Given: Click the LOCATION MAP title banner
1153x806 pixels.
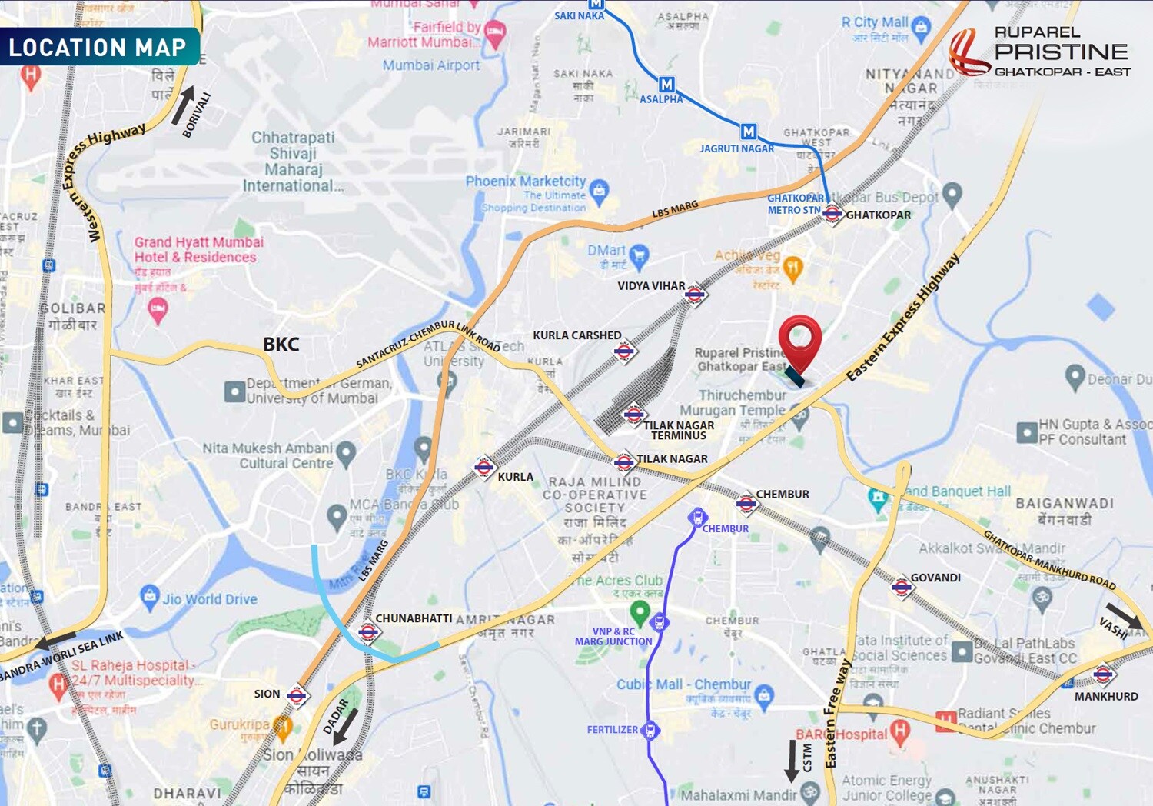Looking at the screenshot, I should [x=98, y=47].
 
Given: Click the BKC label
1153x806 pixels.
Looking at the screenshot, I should [x=281, y=345].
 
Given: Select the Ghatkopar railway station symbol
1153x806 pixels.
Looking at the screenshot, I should [x=832, y=215].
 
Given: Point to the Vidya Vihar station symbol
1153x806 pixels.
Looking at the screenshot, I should [x=695, y=294].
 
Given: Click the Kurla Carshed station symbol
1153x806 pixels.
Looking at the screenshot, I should [x=624, y=352].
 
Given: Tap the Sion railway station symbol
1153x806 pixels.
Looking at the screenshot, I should [x=297, y=696].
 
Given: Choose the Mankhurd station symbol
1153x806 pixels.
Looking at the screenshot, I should [x=1103, y=674].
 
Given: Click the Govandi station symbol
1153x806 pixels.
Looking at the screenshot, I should [x=902, y=588].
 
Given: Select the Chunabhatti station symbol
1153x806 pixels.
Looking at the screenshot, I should [x=368, y=632].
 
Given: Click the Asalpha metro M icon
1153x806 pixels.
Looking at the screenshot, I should [x=666, y=85].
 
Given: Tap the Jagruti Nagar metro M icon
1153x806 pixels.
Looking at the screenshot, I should [x=749, y=132].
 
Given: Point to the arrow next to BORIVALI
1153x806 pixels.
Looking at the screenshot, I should [x=182, y=105].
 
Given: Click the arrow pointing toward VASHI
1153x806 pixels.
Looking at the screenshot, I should [x=1124, y=614].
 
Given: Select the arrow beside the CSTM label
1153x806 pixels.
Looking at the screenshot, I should [x=791, y=761].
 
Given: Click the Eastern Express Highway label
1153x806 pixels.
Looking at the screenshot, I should [x=903, y=317].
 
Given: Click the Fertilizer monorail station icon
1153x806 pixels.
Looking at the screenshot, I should [x=650, y=730].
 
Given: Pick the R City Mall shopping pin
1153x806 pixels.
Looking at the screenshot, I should [x=921, y=28].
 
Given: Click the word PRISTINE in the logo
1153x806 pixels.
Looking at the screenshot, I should [x=1061, y=52].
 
